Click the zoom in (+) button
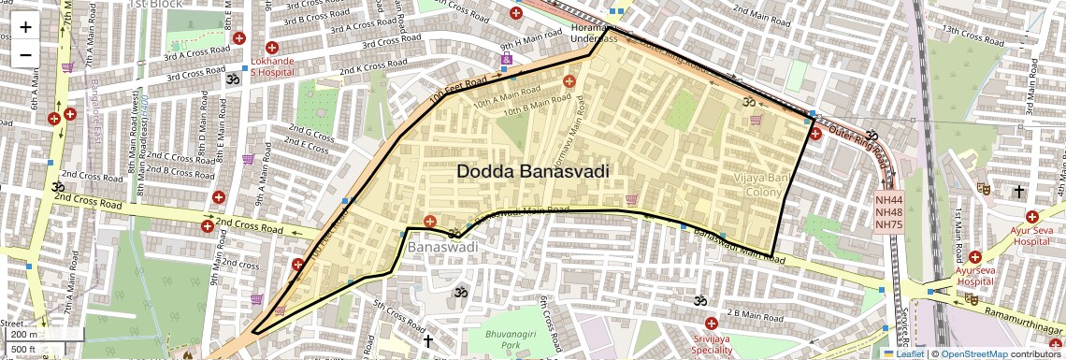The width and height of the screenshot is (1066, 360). coord(25,27)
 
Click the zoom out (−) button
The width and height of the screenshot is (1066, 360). coord(25,54)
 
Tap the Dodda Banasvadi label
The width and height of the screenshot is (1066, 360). coord(533,172)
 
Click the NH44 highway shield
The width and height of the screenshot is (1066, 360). coord(888,200)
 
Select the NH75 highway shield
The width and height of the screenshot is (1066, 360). coord(888,224)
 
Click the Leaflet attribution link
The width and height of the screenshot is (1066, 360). coord(909,354)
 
